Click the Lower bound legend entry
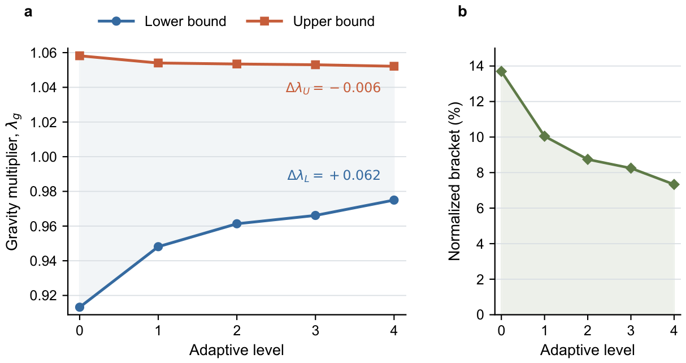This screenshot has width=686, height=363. (162, 21)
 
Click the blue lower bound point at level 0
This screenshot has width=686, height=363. (80, 307)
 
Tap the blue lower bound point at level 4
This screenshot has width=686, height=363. (394, 200)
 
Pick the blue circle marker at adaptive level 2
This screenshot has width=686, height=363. (237, 223)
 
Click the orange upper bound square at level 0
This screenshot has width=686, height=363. (80, 56)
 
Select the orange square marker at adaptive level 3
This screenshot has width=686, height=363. (315, 64)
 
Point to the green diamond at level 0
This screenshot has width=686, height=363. (501, 71)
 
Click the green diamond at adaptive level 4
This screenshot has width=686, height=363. (674, 184)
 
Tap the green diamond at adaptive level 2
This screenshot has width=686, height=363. (588, 159)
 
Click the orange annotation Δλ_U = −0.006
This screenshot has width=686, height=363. (333, 88)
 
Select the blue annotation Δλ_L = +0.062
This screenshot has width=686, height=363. (334, 175)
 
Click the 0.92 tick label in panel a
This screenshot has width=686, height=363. (44, 296)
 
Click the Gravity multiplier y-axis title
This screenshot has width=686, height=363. (13, 182)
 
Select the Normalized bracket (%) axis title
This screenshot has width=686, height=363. (455, 181)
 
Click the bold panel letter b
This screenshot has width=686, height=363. (462, 12)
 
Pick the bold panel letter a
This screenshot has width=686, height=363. (28, 12)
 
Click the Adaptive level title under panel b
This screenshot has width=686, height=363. (587, 350)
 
